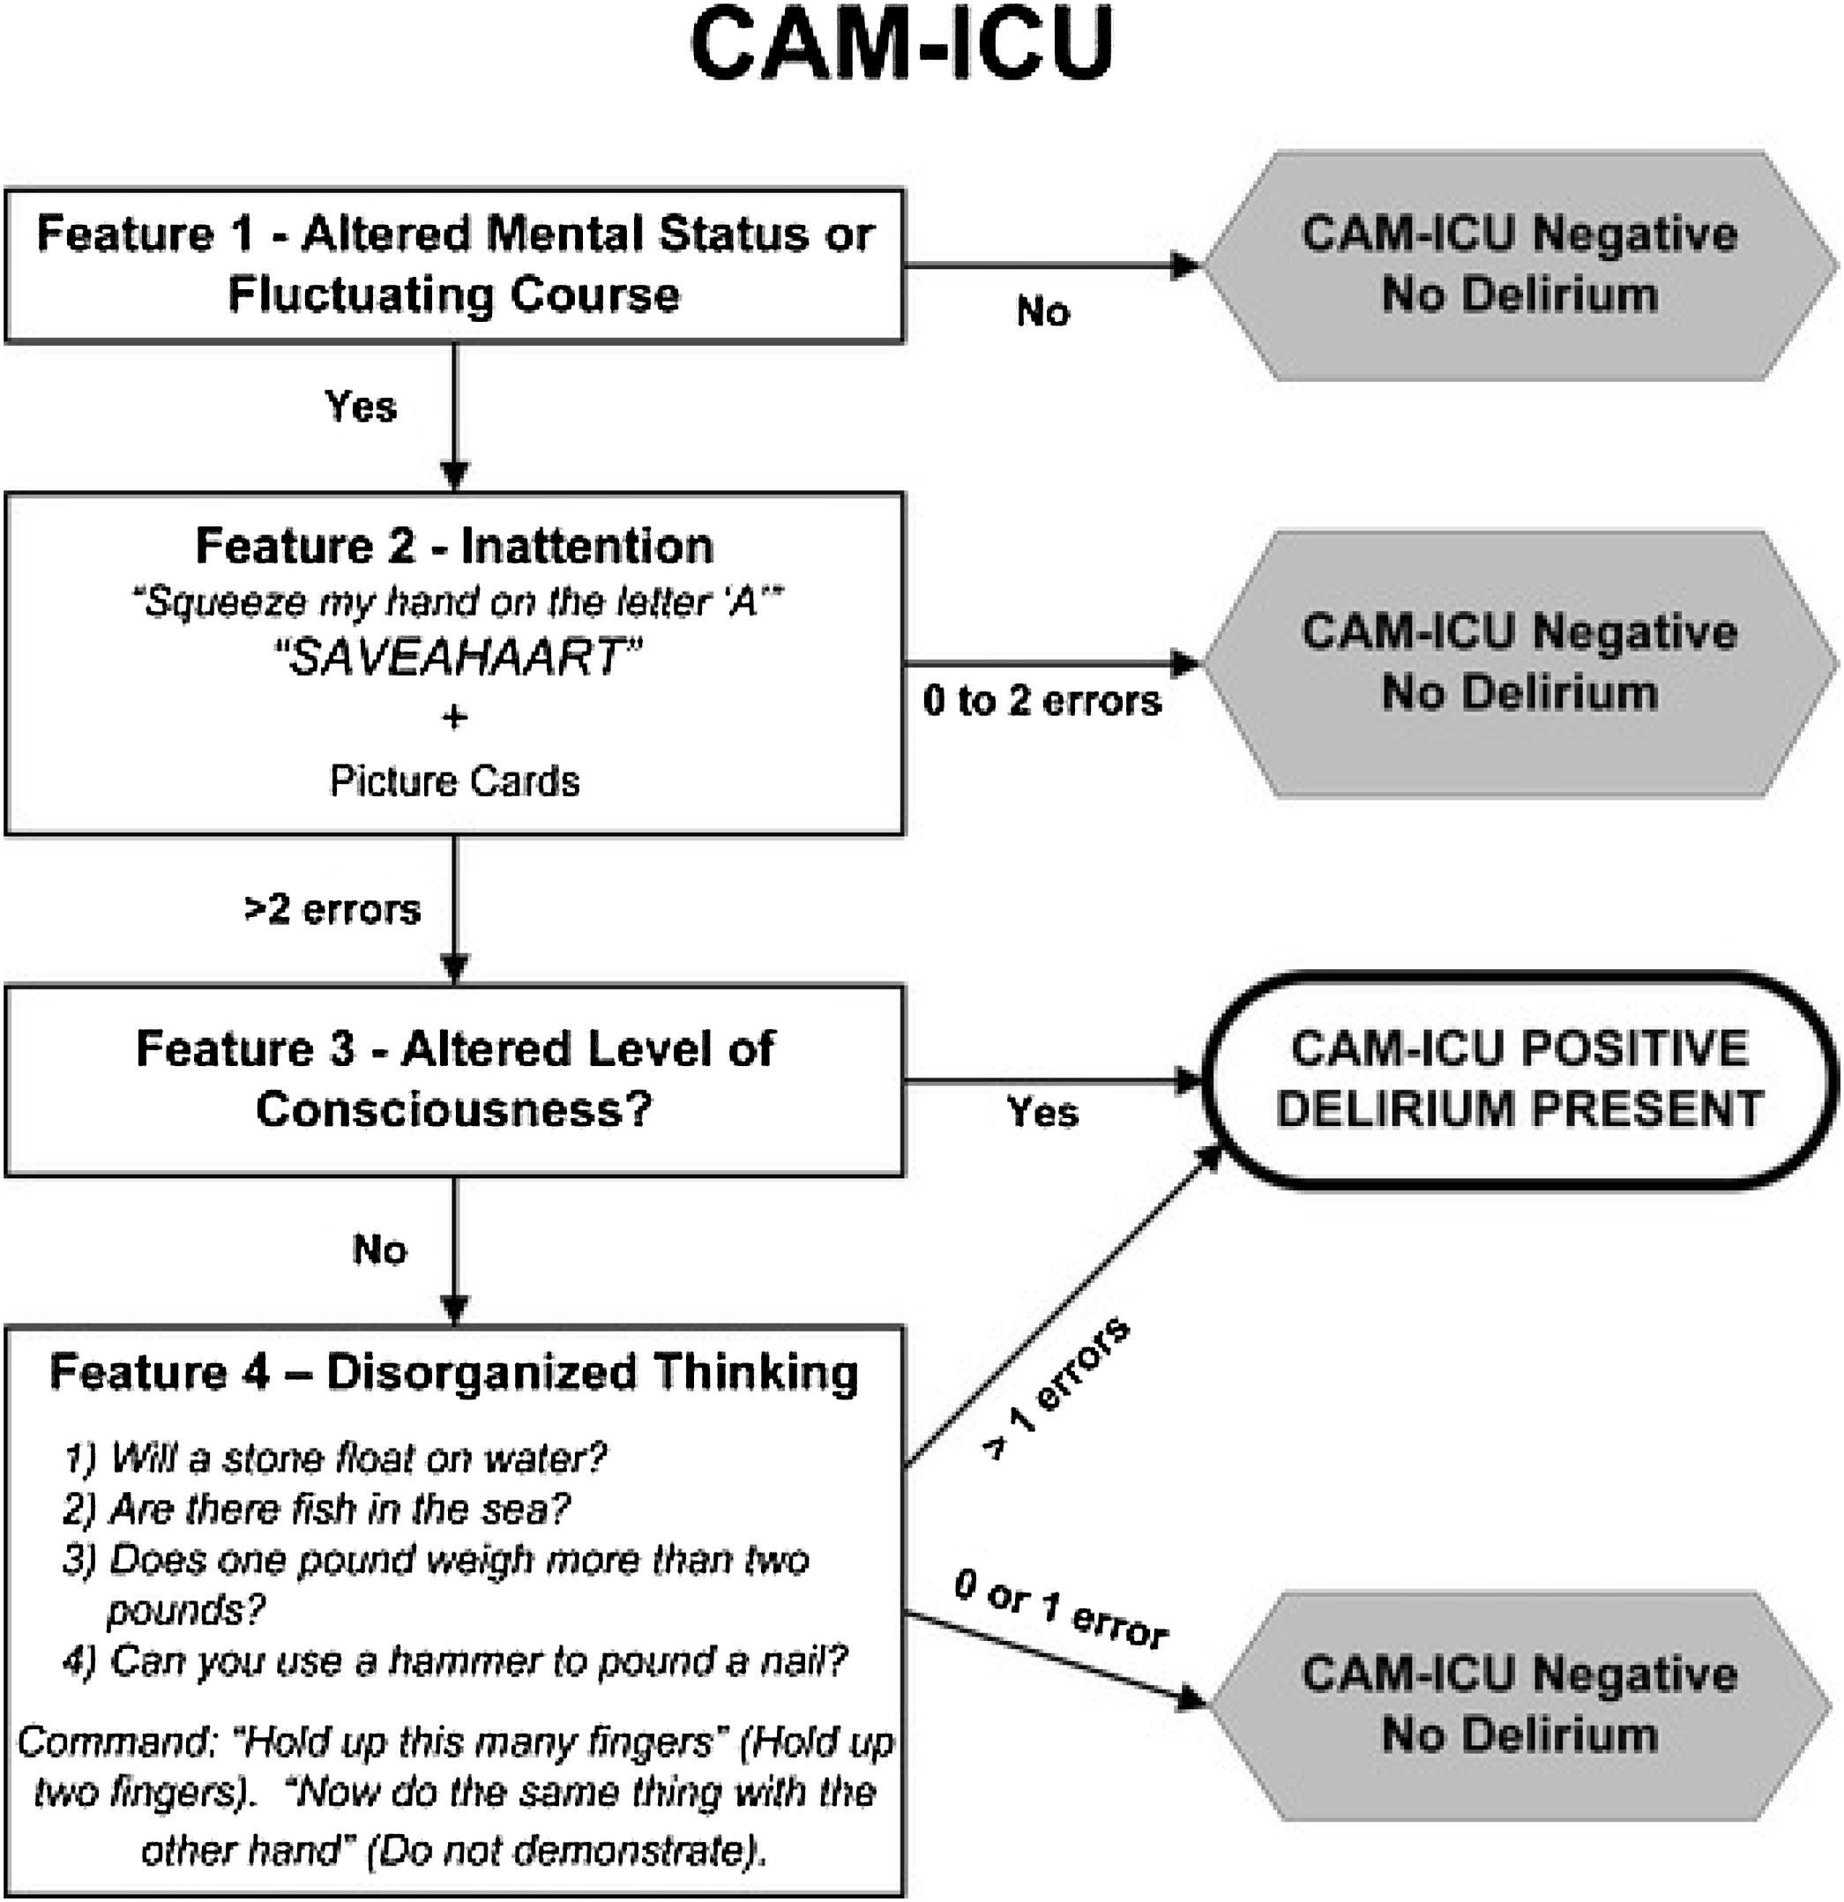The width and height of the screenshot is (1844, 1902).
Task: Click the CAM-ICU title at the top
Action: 901,46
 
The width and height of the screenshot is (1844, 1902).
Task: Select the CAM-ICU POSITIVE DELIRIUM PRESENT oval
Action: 1519,1079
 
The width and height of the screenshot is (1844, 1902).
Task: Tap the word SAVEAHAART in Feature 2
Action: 456,657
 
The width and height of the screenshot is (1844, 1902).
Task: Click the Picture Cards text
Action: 454,781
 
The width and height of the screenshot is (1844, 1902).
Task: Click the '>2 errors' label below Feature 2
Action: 332,909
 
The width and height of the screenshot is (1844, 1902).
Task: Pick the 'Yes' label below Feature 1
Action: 360,406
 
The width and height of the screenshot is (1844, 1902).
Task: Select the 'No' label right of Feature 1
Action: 1043,311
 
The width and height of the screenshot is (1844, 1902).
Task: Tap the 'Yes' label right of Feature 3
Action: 1042,1111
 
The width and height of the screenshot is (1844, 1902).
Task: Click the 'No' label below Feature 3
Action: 379,1249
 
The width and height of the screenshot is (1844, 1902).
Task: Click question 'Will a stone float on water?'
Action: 336,1458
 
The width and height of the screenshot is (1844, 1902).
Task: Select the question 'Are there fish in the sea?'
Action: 317,1508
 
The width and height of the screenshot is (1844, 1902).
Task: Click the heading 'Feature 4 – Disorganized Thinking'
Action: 454,1372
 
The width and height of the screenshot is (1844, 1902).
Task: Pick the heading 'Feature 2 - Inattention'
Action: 454,545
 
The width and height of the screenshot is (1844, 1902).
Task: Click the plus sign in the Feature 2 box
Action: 454,717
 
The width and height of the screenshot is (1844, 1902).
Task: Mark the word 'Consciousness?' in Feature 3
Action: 454,1108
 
